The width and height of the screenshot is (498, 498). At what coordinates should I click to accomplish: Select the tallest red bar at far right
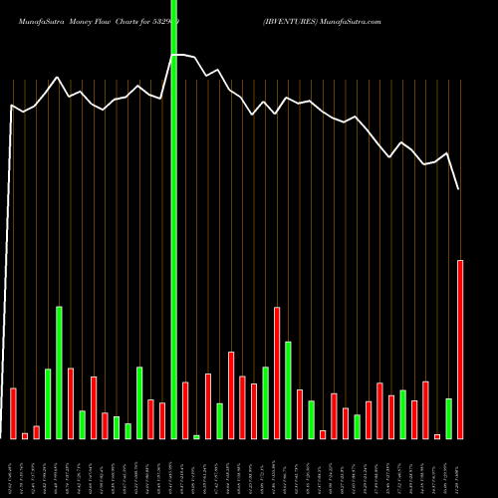460,349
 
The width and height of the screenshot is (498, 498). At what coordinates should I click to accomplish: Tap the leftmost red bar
13,412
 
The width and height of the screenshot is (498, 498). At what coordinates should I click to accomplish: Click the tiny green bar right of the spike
196,436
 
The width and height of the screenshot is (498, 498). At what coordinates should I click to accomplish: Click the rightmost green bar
449,418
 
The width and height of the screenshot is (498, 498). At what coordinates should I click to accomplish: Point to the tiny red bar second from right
437,436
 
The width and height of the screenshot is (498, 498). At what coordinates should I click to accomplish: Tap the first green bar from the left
48,403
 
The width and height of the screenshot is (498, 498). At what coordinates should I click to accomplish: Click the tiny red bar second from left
25,435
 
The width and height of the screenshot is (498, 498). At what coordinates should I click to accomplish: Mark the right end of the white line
459,188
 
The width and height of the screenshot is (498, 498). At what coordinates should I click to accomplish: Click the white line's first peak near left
58,77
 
